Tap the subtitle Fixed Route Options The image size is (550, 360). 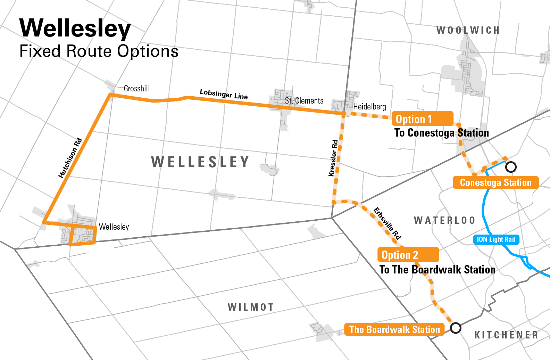point(99,51)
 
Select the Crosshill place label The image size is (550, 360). point(137,89)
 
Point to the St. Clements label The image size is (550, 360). point(304,101)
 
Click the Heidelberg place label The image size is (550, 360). point(369,107)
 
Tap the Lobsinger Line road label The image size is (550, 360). point(224,94)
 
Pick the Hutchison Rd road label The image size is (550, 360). point(70,158)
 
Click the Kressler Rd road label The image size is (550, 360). point(333,158)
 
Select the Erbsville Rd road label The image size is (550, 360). point(387,223)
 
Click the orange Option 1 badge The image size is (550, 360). point(423,119)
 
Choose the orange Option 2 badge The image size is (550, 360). point(408,255)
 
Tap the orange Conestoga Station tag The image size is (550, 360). point(495,182)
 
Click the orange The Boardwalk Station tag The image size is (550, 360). point(394,329)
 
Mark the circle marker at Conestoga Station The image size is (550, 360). point(511,167)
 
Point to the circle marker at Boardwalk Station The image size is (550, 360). point(456,328)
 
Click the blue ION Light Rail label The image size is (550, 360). point(496,239)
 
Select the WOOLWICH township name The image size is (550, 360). point(468,31)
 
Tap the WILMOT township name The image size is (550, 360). point(251,307)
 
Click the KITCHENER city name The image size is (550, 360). point(506,335)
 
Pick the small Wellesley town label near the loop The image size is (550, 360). point(114,227)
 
